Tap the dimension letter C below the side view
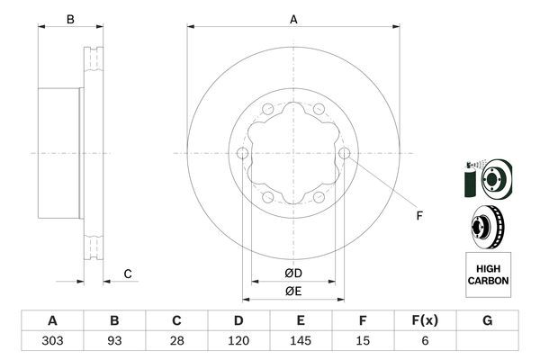[128, 274]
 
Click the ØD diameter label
[292, 273]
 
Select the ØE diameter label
[292, 290]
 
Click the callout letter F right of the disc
[418, 214]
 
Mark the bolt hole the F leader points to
[346, 154]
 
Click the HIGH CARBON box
[488, 274]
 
